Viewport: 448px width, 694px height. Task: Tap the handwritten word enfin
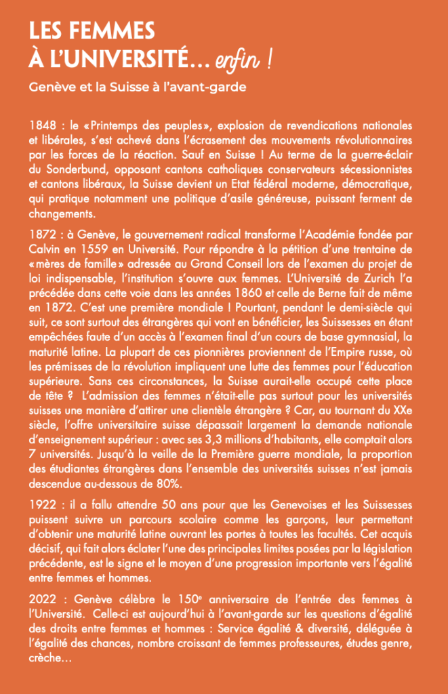[237, 62]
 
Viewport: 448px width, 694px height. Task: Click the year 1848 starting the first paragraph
[43, 127]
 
